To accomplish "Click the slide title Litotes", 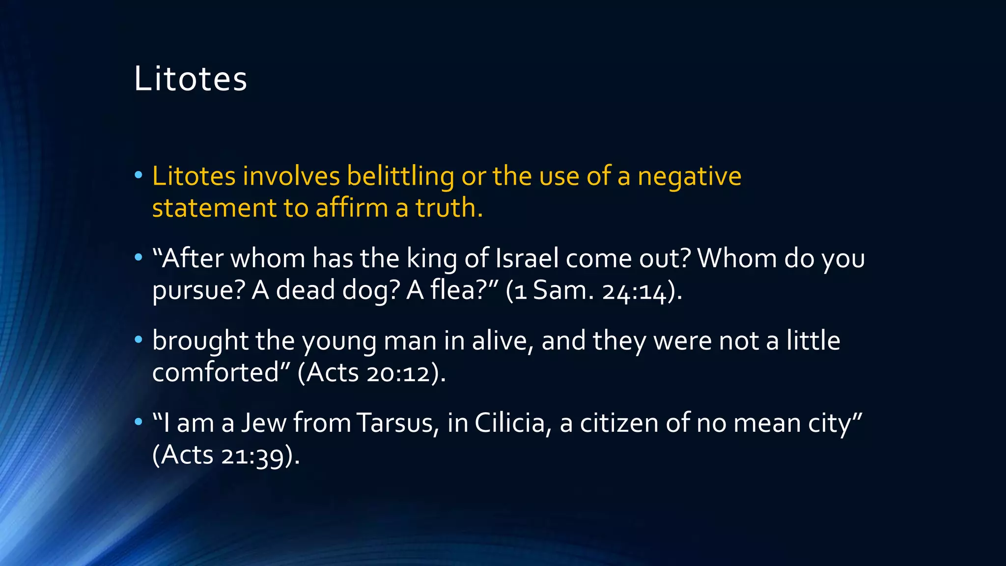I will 191,79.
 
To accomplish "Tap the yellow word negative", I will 689,177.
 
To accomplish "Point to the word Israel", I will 527,258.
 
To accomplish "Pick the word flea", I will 457,290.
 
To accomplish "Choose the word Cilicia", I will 510,423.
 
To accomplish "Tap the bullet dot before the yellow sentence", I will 139,175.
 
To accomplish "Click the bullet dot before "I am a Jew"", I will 139,422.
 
